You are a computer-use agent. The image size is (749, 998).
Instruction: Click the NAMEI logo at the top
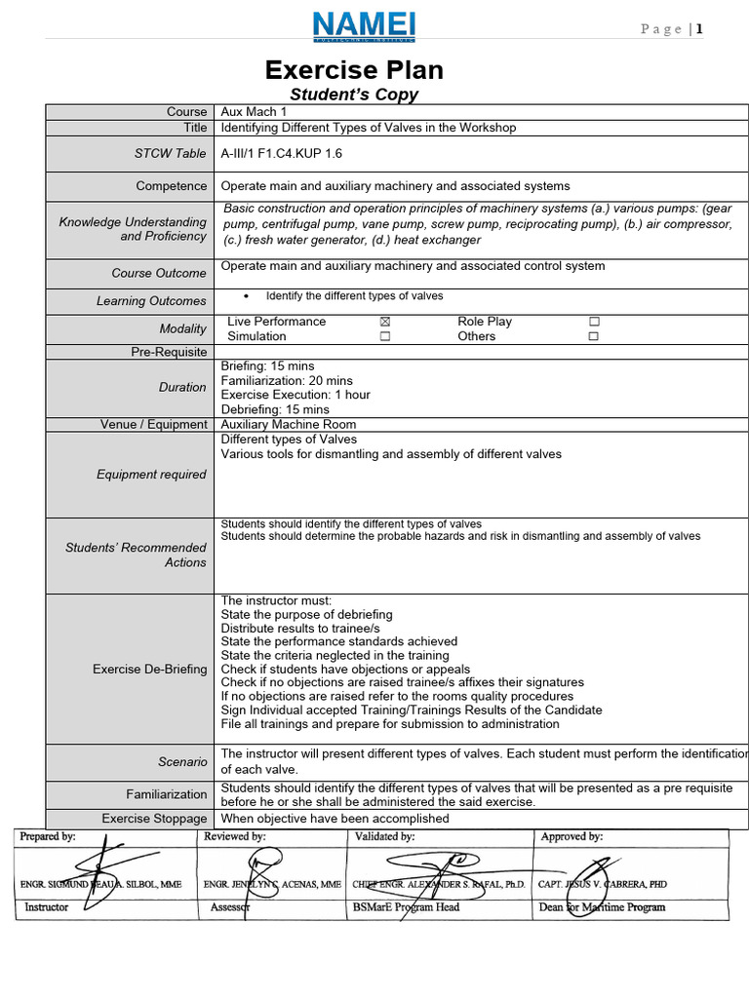tap(363, 27)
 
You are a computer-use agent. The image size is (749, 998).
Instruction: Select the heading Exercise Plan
tap(355, 70)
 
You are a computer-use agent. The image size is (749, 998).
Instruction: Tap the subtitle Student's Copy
tap(354, 95)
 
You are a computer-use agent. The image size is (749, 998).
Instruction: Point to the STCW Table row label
tap(171, 153)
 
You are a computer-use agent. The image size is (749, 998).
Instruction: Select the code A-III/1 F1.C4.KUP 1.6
tap(282, 153)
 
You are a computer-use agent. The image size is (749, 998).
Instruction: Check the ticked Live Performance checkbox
tap(384, 322)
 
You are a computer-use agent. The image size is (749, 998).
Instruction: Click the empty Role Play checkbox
tap(594, 322)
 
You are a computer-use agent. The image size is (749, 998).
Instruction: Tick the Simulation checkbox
tap(384, 336)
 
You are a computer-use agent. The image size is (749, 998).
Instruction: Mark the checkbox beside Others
tap(594, 336)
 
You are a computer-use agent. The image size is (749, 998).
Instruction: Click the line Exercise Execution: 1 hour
tap(296, 395)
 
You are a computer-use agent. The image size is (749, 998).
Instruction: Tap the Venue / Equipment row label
tap(154, 424)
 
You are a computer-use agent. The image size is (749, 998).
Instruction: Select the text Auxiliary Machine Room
tap(289, 424)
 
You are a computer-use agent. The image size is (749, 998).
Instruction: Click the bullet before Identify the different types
tap(245, 296)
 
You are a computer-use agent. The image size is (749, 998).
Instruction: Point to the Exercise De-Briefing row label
tap(149, 669)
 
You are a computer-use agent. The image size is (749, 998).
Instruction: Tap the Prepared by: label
tap(48, 836)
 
